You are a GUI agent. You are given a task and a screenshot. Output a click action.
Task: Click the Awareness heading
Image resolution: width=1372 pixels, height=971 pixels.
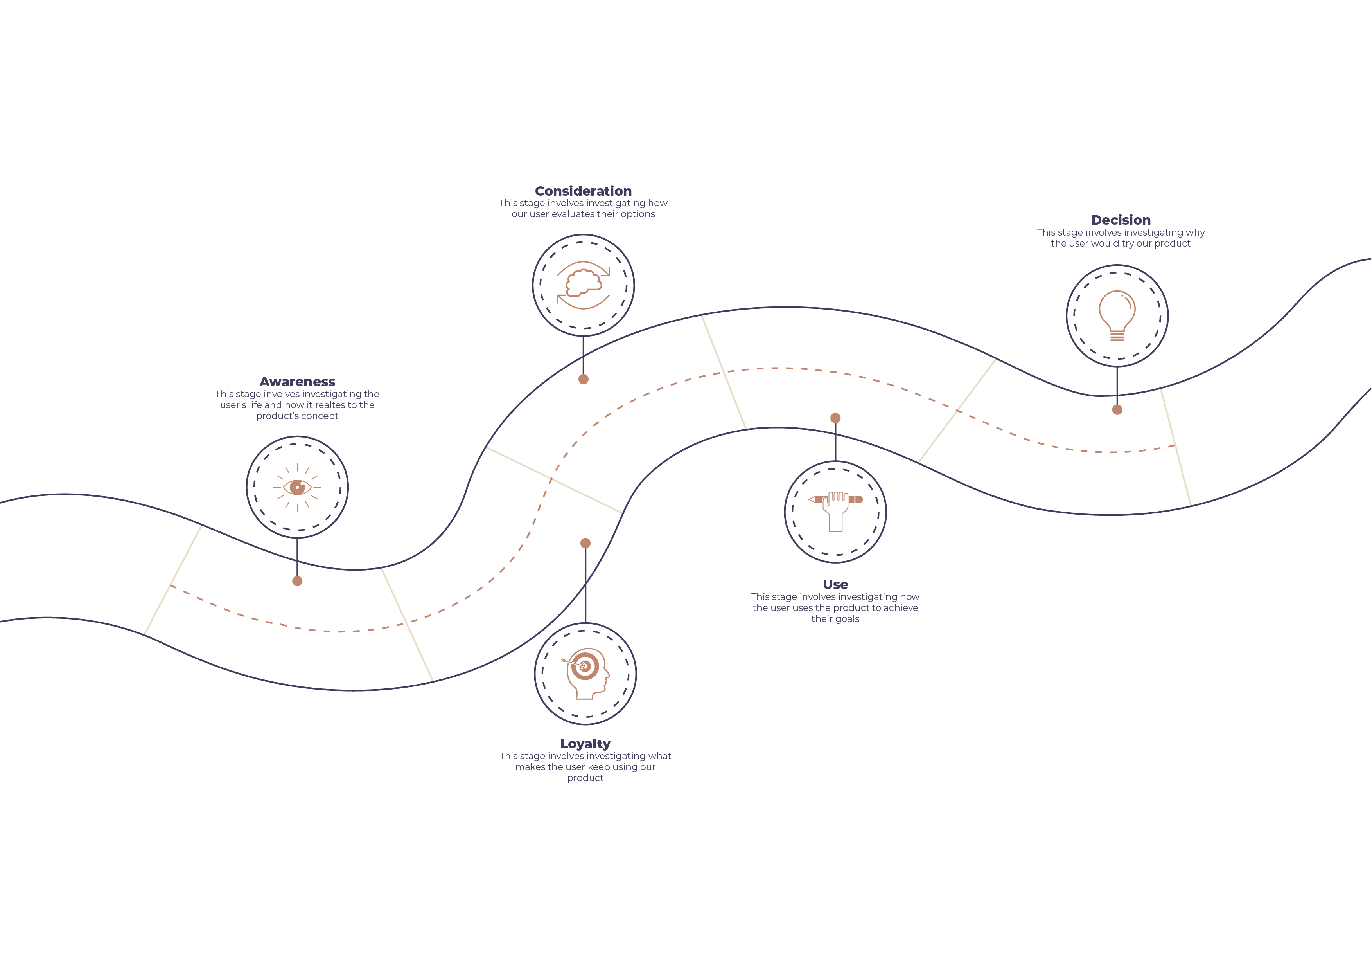[297, 382]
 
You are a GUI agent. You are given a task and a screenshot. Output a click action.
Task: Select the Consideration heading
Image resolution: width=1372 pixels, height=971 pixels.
[583, 191]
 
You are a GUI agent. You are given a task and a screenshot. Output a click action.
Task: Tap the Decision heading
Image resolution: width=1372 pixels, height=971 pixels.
[1121, 220]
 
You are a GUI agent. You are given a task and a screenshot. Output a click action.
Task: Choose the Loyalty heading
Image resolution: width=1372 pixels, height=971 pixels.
[585, 743]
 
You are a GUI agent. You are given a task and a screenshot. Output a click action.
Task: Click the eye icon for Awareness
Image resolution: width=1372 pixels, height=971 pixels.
[297, 487]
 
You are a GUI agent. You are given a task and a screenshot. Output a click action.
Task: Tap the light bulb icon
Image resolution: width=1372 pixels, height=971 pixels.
[1117, 315]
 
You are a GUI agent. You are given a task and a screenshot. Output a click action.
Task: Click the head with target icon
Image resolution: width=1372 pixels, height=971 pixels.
[585, 673]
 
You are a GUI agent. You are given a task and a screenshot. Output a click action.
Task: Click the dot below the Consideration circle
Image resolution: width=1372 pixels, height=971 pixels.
[583, 379]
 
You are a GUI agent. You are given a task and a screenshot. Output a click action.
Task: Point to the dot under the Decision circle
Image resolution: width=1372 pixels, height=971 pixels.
[1117, 409]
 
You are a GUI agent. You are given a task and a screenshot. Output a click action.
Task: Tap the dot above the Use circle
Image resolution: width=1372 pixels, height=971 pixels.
[835, 418]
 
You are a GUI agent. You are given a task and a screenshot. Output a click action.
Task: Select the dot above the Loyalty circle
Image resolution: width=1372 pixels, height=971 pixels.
[585, 543]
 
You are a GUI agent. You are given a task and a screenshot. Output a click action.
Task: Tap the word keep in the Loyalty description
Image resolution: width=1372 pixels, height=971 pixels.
[599, 767]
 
